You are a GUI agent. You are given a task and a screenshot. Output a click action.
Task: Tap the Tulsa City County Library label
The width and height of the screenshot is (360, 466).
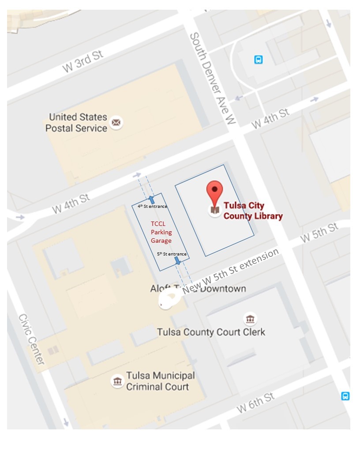pyautogui.click(x=253, y=210)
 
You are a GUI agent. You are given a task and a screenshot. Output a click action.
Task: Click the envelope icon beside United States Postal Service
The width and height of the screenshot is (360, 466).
pyautogui.click(x=116, y=122)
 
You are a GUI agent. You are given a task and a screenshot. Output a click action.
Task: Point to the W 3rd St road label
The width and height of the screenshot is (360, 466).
pyautogui.click(x=82, y=61)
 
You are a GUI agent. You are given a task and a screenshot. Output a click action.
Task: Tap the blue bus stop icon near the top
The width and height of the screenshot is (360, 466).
pyautogui.click(x=259, y=60)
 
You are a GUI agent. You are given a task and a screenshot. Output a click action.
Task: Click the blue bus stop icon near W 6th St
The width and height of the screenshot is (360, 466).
pyautogui.click(x=345, y=396)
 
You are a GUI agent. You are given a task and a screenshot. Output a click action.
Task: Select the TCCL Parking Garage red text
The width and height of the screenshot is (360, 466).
pyautogui.click(x=161, y=232)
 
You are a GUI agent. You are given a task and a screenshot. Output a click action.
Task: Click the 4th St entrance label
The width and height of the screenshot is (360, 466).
pyautogui.click(x=152, y=206)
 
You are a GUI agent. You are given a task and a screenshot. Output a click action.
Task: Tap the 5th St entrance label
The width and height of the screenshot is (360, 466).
pyautogui.click(x=172, y=254)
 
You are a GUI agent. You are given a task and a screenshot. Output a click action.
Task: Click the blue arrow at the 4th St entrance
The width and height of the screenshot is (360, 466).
pyautogui.click(x=151, y=199)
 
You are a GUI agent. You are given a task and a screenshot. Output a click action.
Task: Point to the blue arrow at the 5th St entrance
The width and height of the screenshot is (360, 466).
pyautogui.click(x=177, y=261)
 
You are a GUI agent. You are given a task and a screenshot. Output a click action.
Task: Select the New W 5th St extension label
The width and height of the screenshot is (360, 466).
pyautogui.click(x=231, y=271)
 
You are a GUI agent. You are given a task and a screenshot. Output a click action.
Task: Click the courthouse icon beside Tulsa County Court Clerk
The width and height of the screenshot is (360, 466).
pyautogui.click(x=250, y=319)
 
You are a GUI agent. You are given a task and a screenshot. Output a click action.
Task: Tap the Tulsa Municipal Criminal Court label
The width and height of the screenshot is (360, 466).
pyautogui.click(x=160, y=381)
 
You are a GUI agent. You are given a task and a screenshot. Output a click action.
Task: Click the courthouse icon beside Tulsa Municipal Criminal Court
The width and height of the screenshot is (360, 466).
pyautogui.click(x=117, y=381)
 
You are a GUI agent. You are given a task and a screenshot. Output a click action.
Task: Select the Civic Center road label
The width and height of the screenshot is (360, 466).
pyautogui.click(x=32, y=339)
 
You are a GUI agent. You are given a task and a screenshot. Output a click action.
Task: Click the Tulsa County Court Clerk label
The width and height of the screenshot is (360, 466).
pyautogui.click(x=211, y=332)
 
